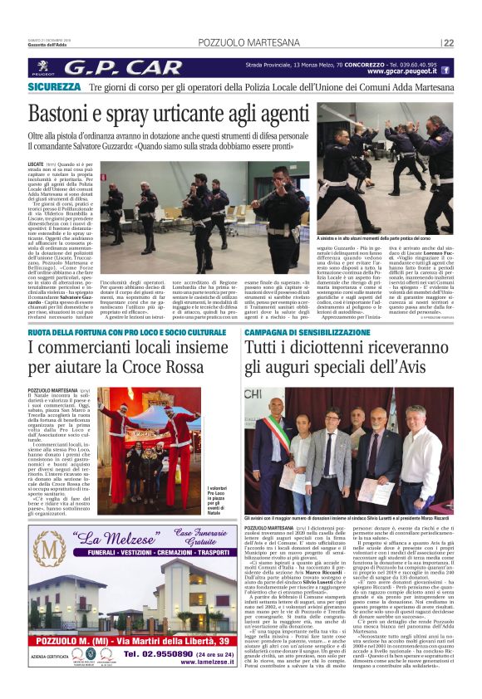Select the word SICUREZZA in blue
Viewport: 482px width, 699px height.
[x=53, y=86]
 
